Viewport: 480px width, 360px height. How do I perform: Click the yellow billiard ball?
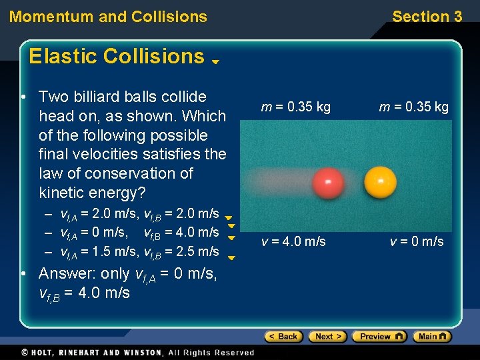click(x=381, y=181)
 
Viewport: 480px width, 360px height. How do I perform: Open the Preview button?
click(x=379, y=337)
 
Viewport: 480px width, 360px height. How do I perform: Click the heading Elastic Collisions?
click(x=117, y=57)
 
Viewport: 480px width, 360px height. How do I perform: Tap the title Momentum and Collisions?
click(x=108, y=17)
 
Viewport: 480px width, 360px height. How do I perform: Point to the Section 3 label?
click(x=427, y=17)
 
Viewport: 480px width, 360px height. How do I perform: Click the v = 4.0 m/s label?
click(x=293, y=241)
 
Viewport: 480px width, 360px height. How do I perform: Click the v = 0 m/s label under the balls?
click(x=417, y=241)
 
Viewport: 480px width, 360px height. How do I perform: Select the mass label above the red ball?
click(x=295, y=107)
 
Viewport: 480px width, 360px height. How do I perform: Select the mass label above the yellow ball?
click(x=414, y=107)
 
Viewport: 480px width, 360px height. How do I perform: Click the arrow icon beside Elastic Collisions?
click(x=216, y=62)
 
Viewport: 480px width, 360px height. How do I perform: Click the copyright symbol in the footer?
click(x=25, y=352)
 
